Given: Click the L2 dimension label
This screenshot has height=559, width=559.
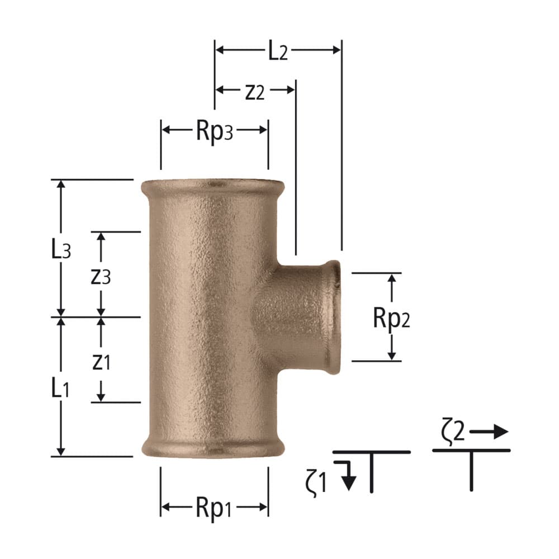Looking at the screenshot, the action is (x=277, y=51).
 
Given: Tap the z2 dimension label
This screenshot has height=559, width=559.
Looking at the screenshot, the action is (x=255, y=91).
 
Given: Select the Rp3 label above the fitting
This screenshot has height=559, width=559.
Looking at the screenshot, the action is (x=215, y=131).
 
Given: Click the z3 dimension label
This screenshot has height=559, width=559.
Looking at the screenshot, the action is (x=101, y=276).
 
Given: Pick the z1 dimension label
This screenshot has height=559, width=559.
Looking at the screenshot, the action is (x=101, y=362).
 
